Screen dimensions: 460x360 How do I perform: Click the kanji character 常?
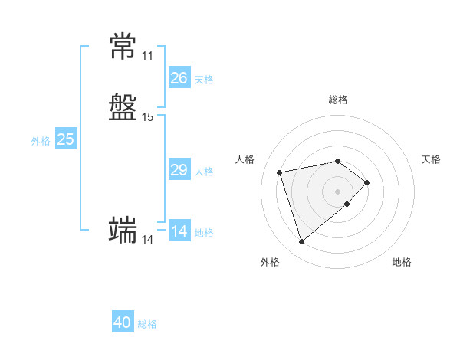tap(123, 46)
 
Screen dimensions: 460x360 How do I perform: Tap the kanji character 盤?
tap(123, 107)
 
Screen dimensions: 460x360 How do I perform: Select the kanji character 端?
tap(123, 230)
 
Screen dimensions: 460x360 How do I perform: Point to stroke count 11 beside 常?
tap(147, 56)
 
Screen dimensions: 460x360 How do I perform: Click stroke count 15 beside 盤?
tap(147, 117)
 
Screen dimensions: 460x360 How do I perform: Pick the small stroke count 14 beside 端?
tap(147, 240)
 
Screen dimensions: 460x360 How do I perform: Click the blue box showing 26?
tap(179, 77)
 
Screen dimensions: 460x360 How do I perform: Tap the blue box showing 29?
tap(179, 169)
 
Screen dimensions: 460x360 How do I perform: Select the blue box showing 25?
tap(66, 139)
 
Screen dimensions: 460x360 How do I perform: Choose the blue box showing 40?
tap(123, 321)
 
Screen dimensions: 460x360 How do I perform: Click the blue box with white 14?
tap(179, 230)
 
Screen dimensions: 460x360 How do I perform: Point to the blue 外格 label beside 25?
tap(41, 141)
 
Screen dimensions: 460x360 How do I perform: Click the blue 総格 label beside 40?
tap(147, 324)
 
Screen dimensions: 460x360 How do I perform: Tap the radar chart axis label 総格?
tap(338, 100)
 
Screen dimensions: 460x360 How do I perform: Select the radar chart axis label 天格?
tap(431, 159)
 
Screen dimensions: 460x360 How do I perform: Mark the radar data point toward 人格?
tap(279, 172)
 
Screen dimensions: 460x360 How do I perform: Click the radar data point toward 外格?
tap(301, 241)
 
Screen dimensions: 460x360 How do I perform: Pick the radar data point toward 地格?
tap(347, 204)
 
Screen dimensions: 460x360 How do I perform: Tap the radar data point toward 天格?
tap(366, 182)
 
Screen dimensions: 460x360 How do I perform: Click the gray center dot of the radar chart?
tap(337, 191)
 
